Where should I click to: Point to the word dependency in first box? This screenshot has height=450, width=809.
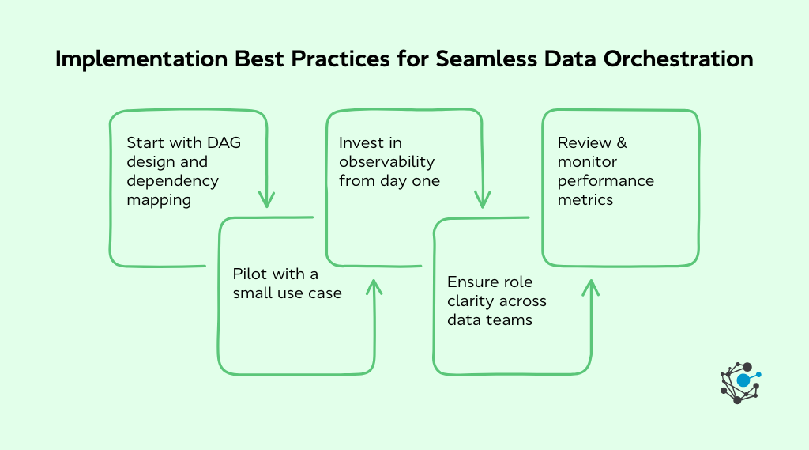coord(172,180)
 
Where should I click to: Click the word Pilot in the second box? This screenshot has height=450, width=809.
coord(250,274)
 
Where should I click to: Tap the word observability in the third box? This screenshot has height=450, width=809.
coord(387,161)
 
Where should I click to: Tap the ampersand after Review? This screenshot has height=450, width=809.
coord(622,142)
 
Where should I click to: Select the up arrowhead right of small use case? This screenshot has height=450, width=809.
coord(374,286)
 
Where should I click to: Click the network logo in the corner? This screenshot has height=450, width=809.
coord(740,382)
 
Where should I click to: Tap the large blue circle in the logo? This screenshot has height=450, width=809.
coord(743,380)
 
